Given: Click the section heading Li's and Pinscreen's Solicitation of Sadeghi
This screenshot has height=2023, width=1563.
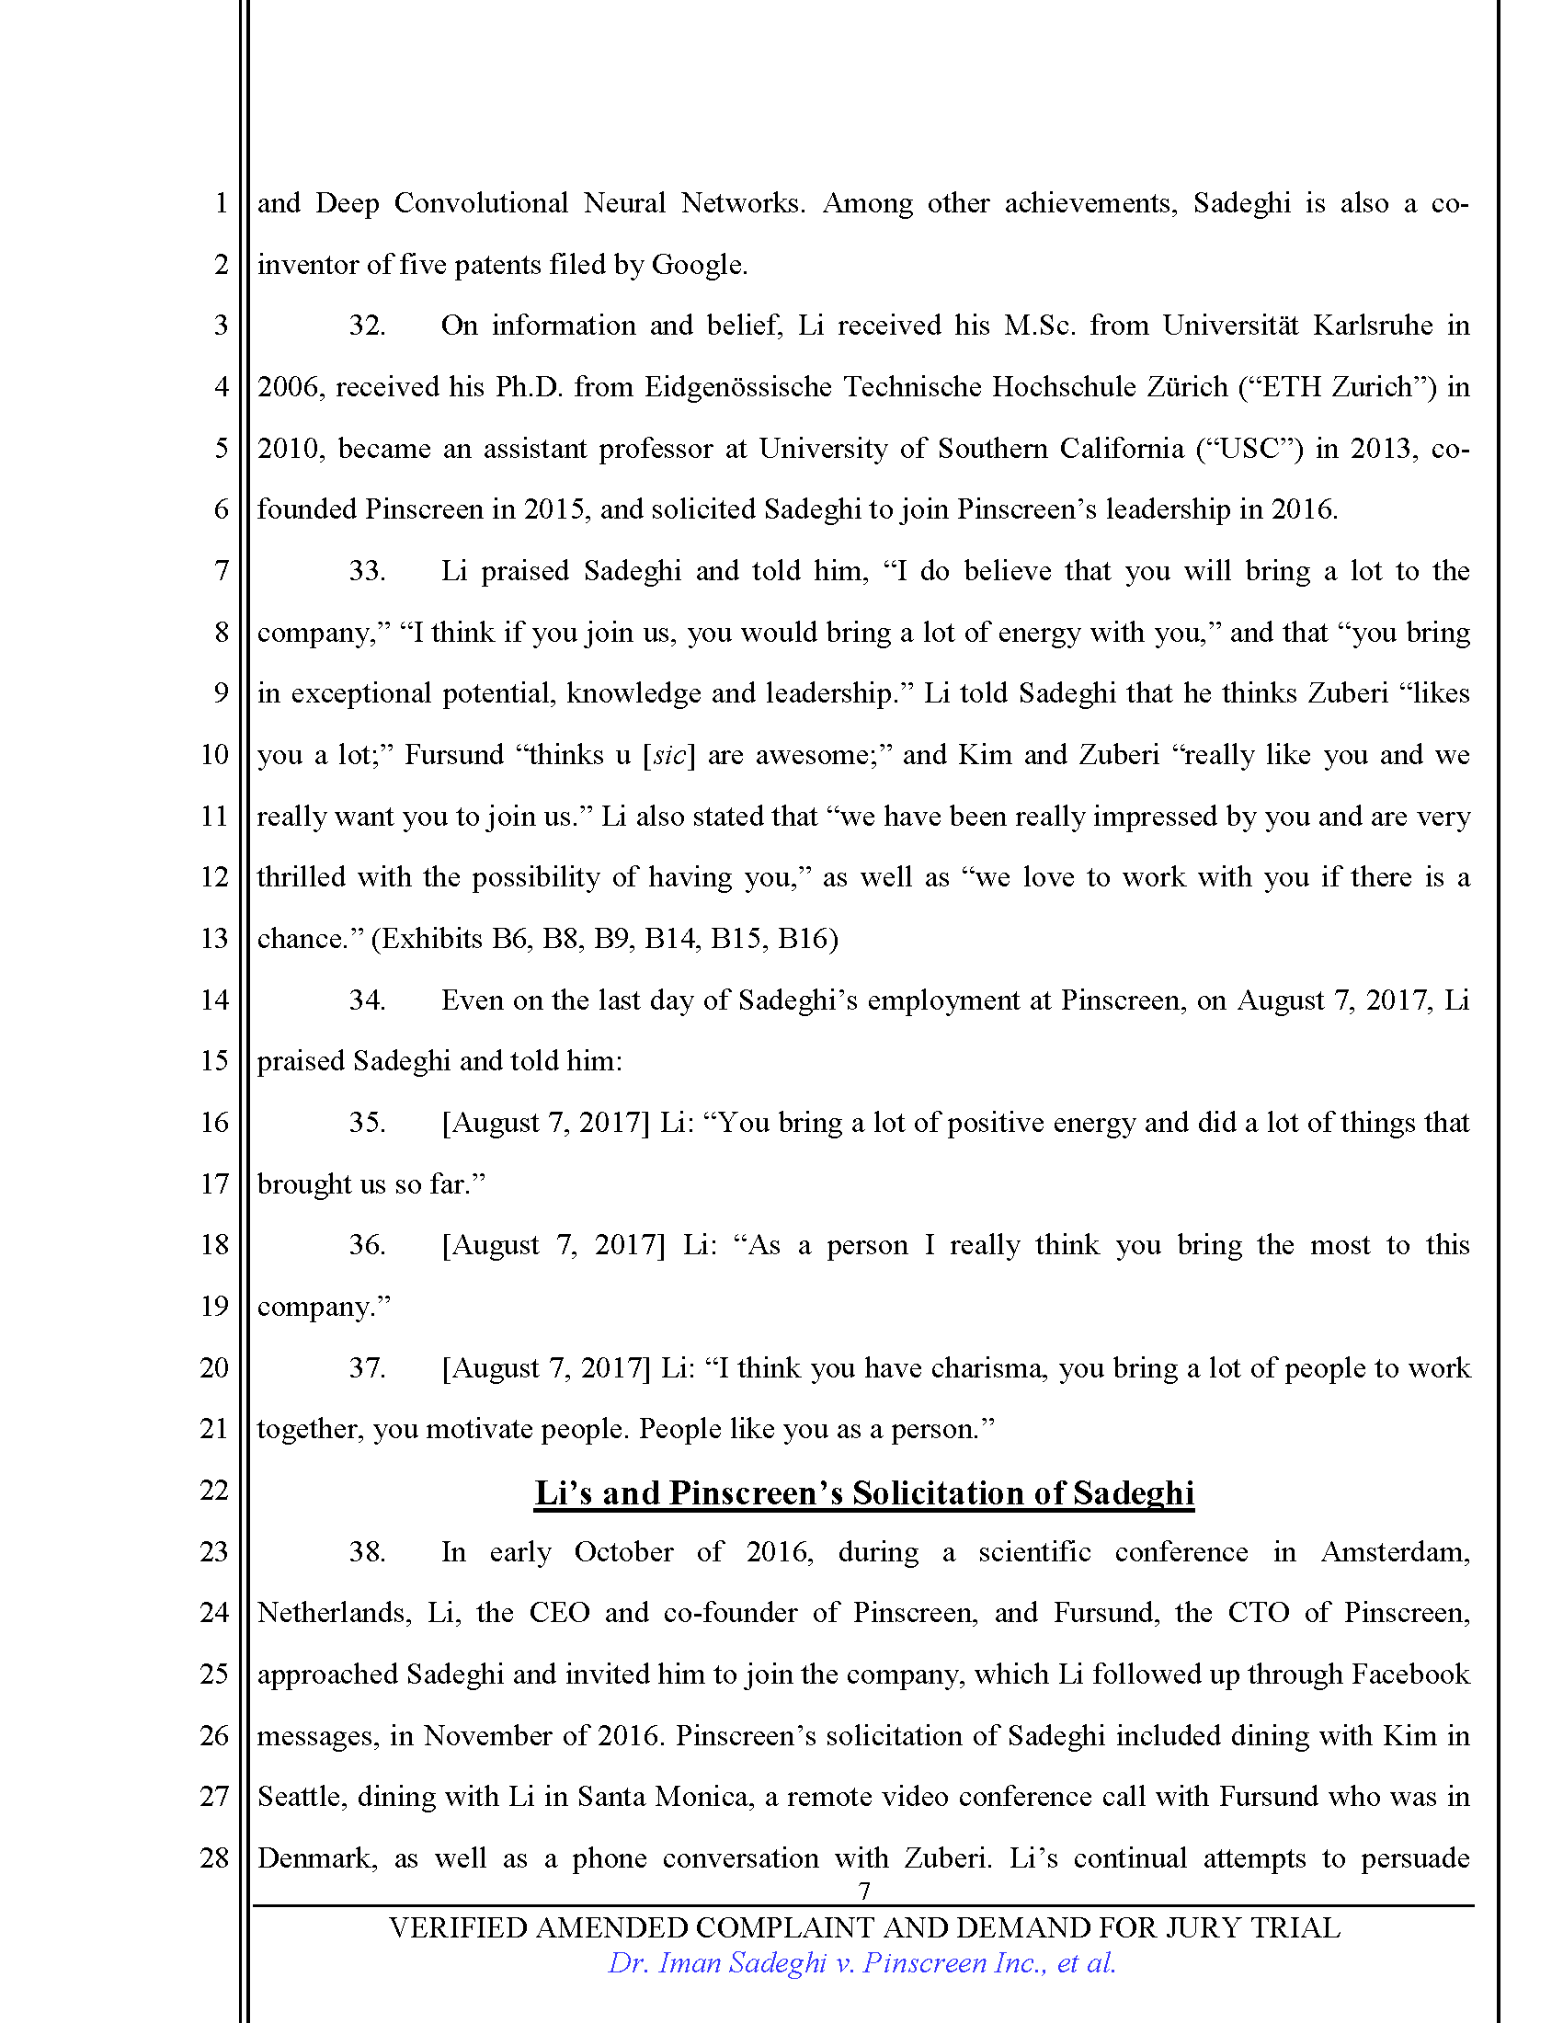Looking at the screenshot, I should [x=863, y=1493].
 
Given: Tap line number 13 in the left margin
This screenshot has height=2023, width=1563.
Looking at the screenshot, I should [x=214, y=938].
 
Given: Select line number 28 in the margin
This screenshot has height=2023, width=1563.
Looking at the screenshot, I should [x=214, y=1857].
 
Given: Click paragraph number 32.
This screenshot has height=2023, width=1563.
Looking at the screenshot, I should [x=366, y=326].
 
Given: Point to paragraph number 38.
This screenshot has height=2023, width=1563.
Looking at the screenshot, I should [x=366, y=1551].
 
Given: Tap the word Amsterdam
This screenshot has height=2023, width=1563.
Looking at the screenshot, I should [x=1395, y=1551].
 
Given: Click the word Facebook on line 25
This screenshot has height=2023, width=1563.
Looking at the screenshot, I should [x=1410, y=1674].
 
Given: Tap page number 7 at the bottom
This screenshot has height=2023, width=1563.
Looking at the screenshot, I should [x=864, y=1891].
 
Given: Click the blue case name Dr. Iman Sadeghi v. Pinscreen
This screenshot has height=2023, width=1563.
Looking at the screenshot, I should [x=861, y=1963].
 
